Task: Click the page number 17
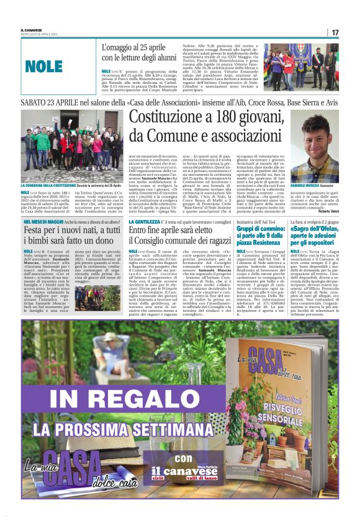click(335, 32)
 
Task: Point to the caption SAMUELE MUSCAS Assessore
click(318, 185)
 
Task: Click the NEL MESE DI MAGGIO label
click(43, 222)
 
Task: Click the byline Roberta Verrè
click(328, 212)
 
